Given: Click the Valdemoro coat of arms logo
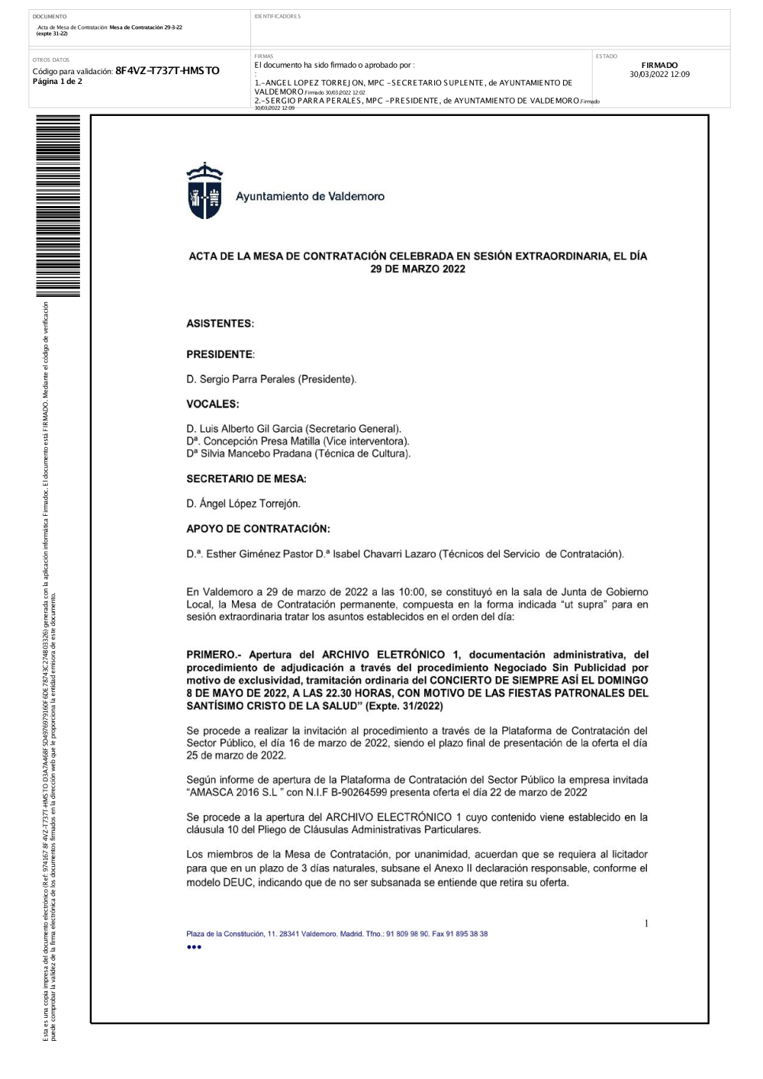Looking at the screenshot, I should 204,191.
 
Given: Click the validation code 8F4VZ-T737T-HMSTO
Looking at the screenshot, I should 167,71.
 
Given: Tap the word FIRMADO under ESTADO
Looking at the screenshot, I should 659,66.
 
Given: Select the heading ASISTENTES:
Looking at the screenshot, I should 220,324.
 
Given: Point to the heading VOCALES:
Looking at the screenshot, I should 212,404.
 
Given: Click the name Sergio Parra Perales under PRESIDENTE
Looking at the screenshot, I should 271,379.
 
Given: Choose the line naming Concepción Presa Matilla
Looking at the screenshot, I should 298,441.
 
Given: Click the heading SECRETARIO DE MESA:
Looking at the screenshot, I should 246,478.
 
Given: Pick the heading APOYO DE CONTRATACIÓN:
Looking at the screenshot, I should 258,529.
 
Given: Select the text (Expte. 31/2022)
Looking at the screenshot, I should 404,706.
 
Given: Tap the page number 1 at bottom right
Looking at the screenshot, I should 646,924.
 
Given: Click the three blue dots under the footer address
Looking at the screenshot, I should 194,947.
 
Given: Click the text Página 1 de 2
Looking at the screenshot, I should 57,82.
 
